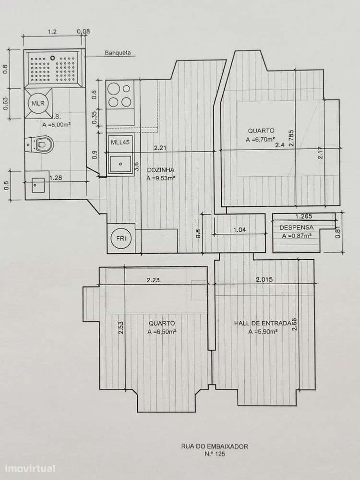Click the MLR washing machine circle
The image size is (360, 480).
click(x=37, y=104)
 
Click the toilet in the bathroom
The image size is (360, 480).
click(x=44, y=143)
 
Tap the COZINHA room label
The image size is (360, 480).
click(x=160, y=169)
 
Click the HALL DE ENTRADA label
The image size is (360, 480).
click(x=262, y=324)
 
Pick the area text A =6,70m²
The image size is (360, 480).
click(x=261, y=140)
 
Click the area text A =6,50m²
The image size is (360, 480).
click(x=162, y=332)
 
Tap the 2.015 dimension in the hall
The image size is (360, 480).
click(x=264, y=279)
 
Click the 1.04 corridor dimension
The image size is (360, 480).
click(x=239, y=230)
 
